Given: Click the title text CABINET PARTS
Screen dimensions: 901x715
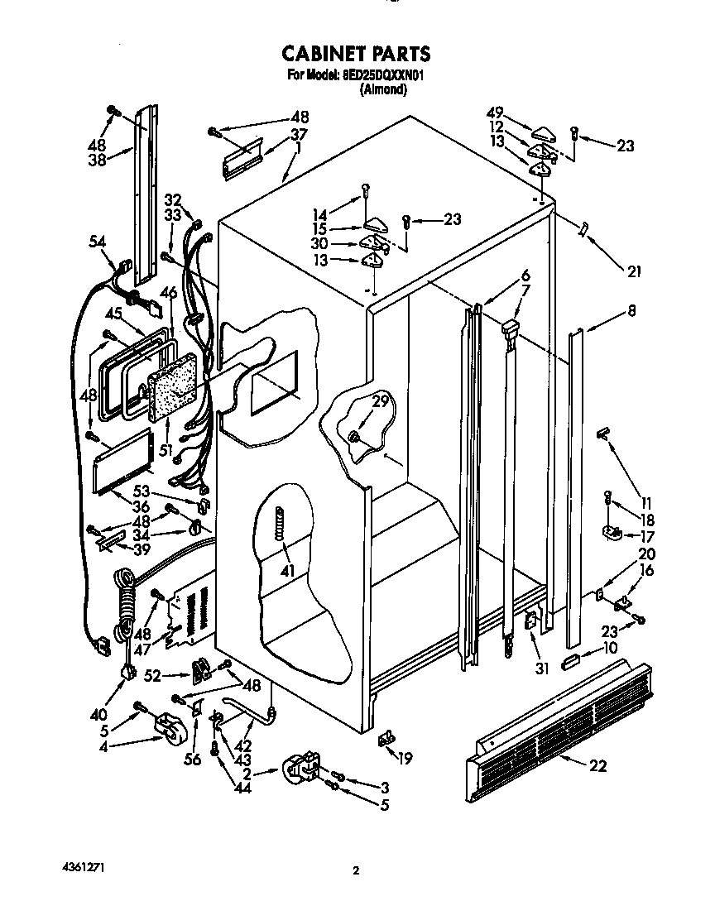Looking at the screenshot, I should click(x=356, y=55).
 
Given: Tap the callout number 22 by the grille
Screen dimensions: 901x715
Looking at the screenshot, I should click(x=597, y=766).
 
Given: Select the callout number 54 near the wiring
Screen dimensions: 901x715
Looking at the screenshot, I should click(x=98, y=241).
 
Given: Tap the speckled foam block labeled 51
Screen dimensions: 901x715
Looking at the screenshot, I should click(x=171, y=386).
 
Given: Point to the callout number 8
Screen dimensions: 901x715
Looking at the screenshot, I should click(x=631, y=312).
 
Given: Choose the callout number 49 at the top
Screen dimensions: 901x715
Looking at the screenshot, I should click(x=496, y=113).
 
